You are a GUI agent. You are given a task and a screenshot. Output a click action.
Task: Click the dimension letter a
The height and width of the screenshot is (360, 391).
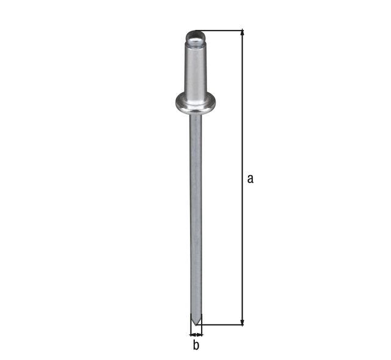pyautogui.click(x=250, y=179)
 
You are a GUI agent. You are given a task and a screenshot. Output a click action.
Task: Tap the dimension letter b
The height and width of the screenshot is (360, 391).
pyautogui.click(x=196, y=345)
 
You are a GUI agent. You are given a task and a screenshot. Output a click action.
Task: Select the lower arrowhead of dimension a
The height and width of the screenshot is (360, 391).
pyautogui.click(x=243, y=320)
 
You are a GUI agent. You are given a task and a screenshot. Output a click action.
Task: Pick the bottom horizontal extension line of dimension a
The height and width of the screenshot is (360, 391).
pyautogui.click(x=223, y=325)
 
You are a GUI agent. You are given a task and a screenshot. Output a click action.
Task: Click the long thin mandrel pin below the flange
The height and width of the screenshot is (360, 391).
pyautogui.click(x=195, y=214)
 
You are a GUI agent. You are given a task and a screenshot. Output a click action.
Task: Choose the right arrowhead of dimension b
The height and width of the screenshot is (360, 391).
pyautogui.click(x=200, y=334)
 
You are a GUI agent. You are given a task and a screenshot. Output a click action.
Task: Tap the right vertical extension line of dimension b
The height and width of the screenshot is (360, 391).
pyautogui.click(x=202, y=329)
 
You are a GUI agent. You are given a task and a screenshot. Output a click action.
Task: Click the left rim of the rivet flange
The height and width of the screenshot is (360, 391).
pyautogui.click(x=178, y=103)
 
